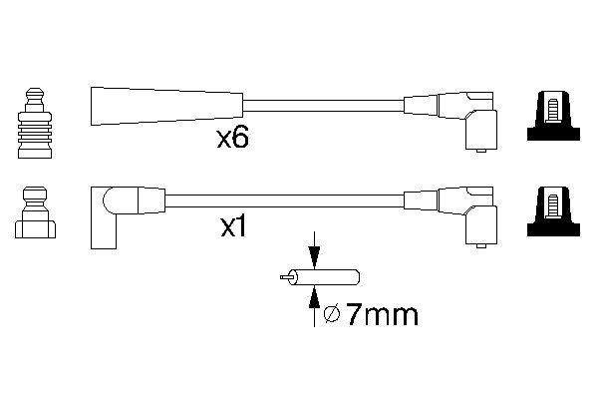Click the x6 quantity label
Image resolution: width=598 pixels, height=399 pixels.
point(232,139)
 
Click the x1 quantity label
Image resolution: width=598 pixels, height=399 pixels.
point(234,228)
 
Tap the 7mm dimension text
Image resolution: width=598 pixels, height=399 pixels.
point(382,315)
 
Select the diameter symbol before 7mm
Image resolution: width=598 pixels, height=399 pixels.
point(332,314)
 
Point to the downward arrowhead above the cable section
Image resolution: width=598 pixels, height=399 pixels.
point(314,257)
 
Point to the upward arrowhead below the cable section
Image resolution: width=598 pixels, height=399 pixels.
point(314,297)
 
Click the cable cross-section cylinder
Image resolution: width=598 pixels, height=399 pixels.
point(324,277)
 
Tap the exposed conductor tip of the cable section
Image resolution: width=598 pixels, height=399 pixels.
point(284,277)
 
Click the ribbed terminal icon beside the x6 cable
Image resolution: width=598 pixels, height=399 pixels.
point(35,123)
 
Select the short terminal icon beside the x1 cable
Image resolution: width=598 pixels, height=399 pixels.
point(35,212)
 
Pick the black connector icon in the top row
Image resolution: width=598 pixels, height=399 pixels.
point(553,116)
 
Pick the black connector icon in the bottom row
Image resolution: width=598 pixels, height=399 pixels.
point(553,211)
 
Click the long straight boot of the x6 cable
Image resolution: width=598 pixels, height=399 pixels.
point(166,106)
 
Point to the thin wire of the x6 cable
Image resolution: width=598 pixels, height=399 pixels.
point(323,106)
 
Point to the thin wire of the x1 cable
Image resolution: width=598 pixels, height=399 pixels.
point(284,200)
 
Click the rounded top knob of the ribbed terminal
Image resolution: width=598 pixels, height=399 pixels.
point(35,93)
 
